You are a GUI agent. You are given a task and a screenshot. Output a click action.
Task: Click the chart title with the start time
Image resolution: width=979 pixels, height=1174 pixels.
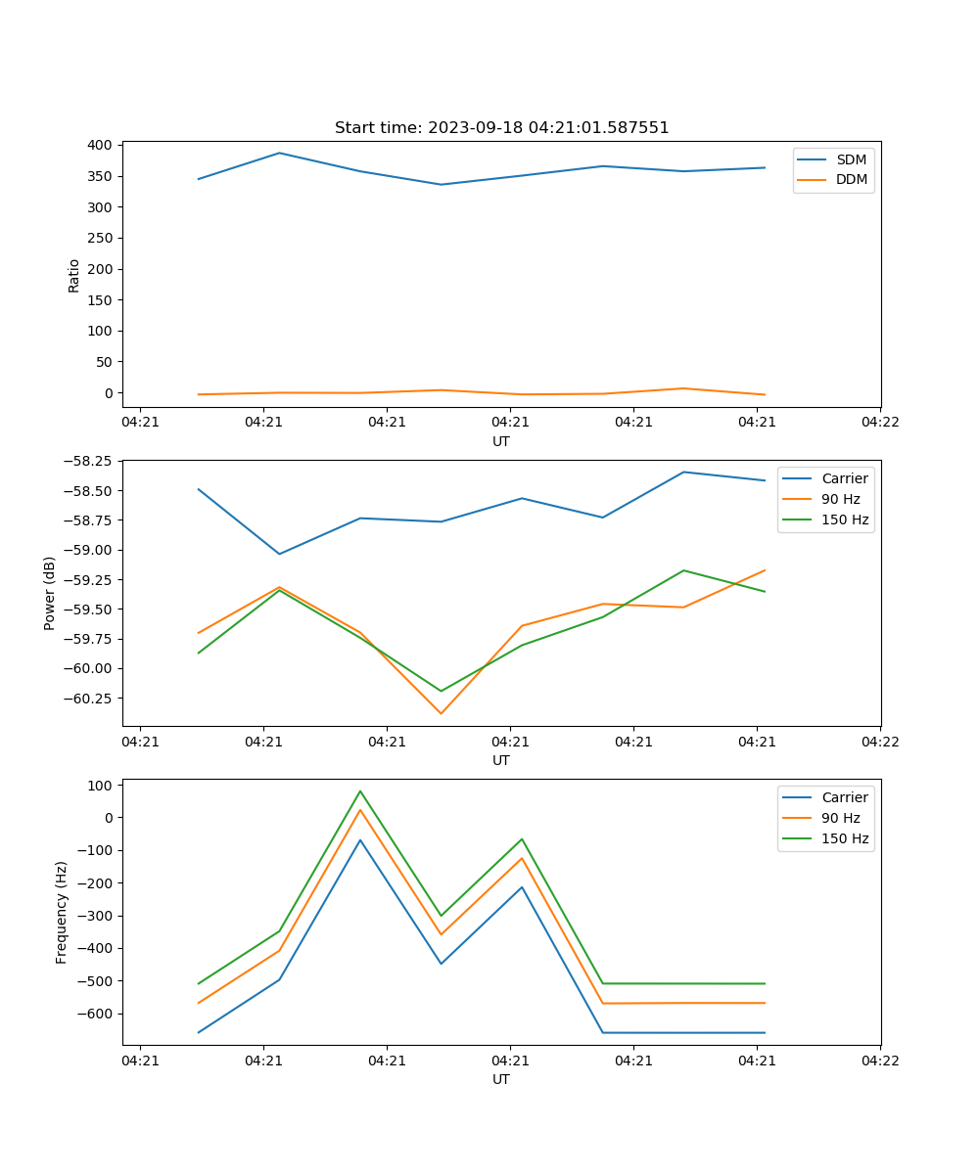[501, 128]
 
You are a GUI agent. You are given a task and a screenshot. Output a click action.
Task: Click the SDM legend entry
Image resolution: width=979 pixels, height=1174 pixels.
[851, 159]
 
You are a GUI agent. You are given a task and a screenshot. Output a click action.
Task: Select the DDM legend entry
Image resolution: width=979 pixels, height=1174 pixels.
[851, 179]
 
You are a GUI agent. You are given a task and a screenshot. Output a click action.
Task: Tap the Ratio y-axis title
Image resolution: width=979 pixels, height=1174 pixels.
[74, 275]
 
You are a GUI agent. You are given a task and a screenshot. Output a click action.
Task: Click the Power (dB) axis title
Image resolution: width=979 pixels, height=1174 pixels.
[50, 593]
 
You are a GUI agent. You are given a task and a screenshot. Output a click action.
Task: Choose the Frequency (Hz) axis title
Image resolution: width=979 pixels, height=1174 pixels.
[62, 912]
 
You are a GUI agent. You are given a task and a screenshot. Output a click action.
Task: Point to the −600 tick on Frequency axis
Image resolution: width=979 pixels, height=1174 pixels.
[96, 1014]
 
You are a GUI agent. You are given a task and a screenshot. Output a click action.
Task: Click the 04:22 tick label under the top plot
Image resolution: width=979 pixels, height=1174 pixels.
[880, 423]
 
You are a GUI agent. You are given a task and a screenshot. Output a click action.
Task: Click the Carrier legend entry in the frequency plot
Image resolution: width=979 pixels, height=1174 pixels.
[845, 797]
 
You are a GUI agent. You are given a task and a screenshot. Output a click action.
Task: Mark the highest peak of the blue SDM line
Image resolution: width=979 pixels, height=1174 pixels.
[279, 153]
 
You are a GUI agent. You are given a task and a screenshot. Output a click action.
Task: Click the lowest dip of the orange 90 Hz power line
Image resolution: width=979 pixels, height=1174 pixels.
[441, 713]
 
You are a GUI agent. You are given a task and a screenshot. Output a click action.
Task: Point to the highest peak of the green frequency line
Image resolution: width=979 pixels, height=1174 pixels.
[360, 790]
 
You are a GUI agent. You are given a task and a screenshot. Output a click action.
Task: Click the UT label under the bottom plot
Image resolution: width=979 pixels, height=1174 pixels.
[501, 1079]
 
